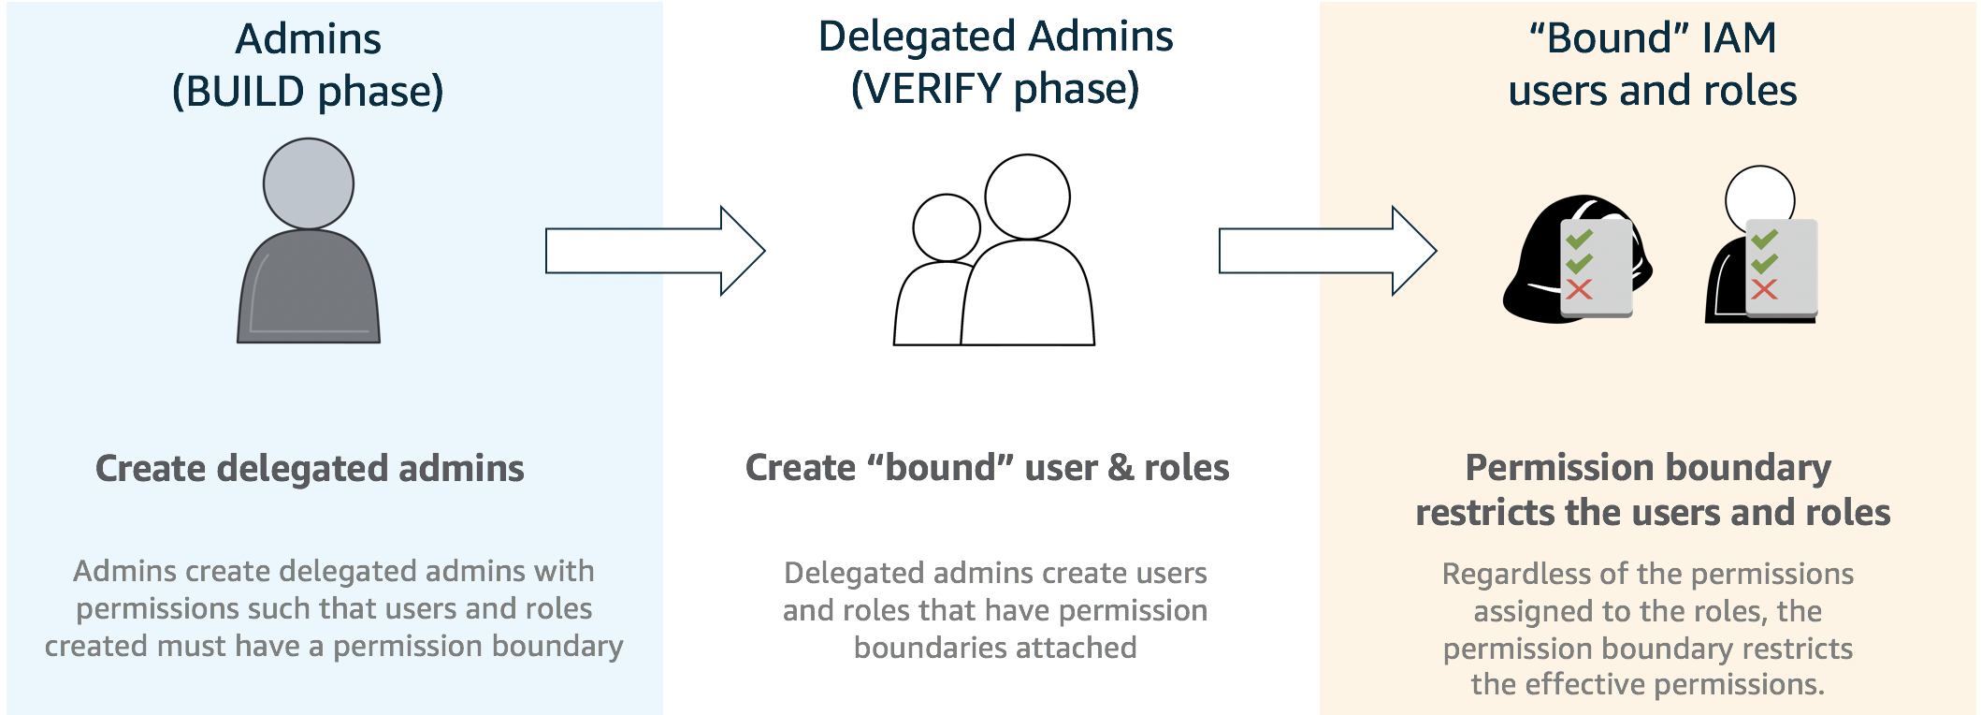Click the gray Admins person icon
(x=309, y=281)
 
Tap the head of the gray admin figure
(x=309, y=183)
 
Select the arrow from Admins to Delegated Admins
(x=655, y=251)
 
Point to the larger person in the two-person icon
(x=1028, y=281)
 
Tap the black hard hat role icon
(x=1534, y=271)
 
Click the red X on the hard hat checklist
(x=1579, y=289)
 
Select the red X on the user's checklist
(x=1764, y=289)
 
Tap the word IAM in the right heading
(x=1739, y=38)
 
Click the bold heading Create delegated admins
(x=310, y=469)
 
